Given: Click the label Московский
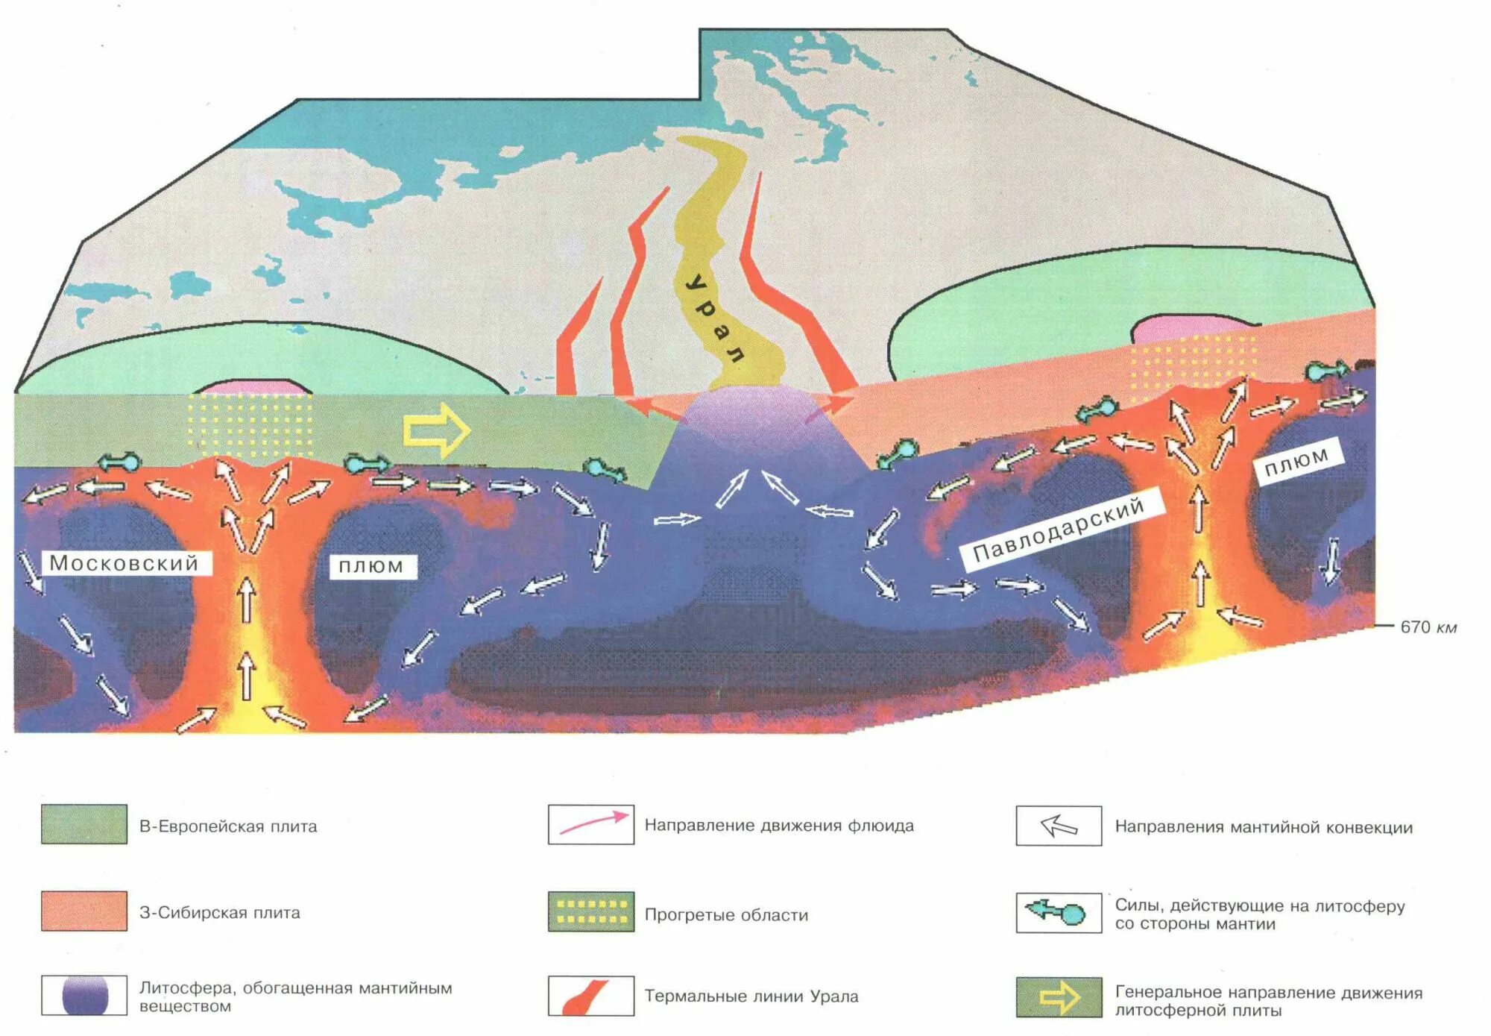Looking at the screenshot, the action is click(124, 563).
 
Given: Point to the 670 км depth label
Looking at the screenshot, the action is click(1428, 627).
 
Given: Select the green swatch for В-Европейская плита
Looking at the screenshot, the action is click(83, 824).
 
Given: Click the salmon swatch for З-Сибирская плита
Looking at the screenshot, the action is click(83, 911).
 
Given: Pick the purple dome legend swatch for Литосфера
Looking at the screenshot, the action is click(83, 995).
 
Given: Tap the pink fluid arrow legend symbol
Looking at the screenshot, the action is click(591, 824).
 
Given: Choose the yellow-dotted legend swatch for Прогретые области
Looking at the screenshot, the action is click(591, 911).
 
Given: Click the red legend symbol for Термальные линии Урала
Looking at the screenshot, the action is click(591, 996).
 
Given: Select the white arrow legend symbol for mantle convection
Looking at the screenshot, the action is click(1059, 826).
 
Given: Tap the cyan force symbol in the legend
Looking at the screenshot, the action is click(1059, 912).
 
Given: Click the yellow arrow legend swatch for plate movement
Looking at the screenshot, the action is click(1059, 997).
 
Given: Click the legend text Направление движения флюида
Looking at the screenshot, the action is click(779, 826).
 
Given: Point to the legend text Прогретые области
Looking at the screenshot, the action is click(726, 914).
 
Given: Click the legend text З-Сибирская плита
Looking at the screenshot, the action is click(220, 912).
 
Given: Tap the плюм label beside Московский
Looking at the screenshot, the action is click(371, 567).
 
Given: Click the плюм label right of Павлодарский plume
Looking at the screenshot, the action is click(1297, 461).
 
